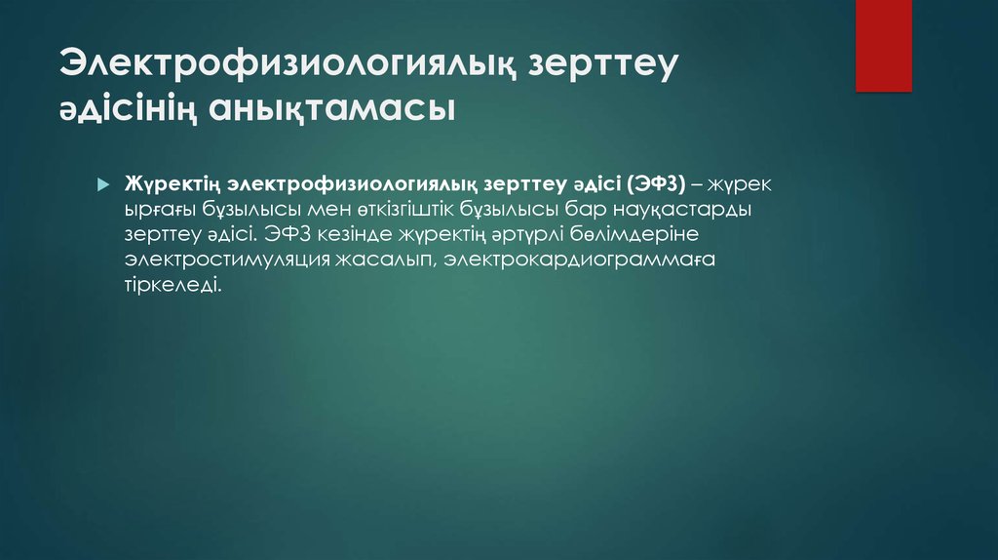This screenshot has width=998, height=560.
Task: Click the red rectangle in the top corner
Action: (883, 45)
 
